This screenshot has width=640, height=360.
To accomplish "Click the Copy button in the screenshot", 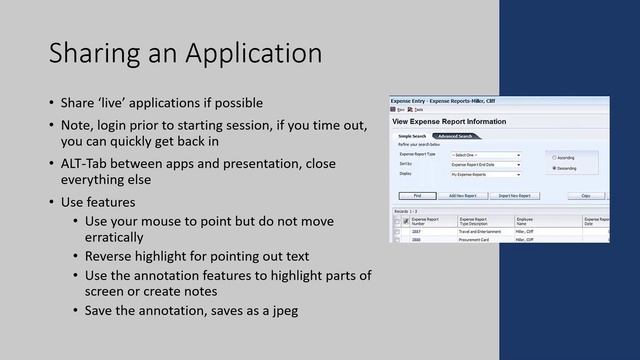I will point(586,196).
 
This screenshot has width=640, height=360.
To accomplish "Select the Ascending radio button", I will point(555,157).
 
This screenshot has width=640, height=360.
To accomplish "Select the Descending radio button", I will point(555,168).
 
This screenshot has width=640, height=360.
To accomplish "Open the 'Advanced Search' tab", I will point(455,136).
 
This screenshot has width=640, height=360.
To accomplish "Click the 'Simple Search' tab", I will point(413,136).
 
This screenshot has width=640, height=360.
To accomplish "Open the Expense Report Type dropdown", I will point(486,155).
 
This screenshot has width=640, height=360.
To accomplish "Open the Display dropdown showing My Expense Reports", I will point(486,173).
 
